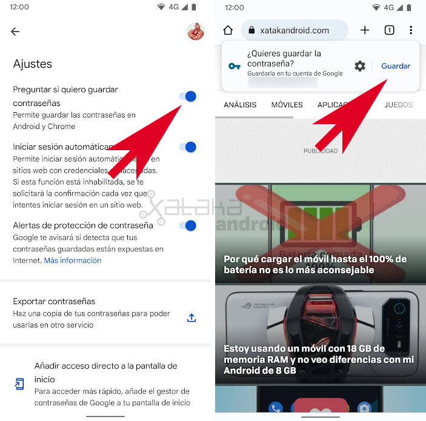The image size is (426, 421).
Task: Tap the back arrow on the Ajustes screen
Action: coord(16,32)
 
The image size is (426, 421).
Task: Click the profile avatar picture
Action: coord(195,31)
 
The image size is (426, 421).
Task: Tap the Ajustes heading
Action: coord(33,64)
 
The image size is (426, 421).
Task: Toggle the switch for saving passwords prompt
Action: coord(188,96)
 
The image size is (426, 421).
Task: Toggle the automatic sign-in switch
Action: coord(188,147)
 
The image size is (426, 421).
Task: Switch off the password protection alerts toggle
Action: coord(188,226)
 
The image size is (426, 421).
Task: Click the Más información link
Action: coord(73,260)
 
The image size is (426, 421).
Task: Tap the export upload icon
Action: coord(191,317)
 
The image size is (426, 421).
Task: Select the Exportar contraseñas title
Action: coord(54,301)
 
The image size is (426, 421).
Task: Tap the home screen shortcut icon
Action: coord(19,384)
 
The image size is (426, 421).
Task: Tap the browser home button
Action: coord(228,30)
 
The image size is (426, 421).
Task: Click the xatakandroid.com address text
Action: coord(295,30)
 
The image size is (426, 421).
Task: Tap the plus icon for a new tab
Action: coord(365,30)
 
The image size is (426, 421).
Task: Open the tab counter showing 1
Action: coord(389,30)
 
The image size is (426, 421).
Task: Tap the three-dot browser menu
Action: coord(411,30)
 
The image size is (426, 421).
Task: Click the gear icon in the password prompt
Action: coord(360,66)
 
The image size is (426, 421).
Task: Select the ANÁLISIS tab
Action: coord(240,105)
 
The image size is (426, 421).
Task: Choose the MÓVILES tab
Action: coord(287,105)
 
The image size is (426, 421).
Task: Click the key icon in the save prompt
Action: coord(235,66)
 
